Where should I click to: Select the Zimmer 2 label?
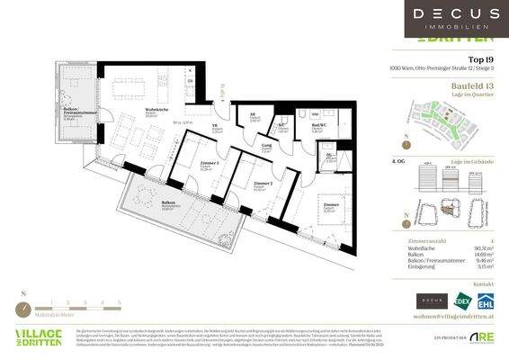coord(260,184)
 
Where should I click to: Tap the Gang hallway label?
coord(267,145)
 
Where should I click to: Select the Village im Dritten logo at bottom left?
coord(39,337)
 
